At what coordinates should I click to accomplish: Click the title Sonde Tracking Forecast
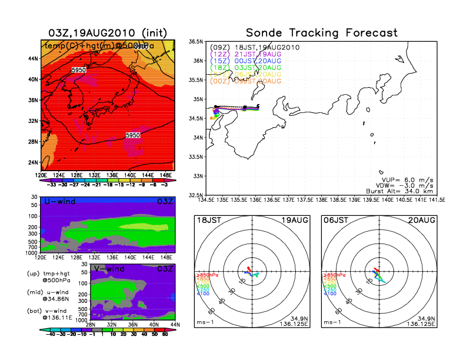pyautogui.click(x=321, y=33)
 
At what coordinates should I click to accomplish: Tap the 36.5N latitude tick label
pyautogui.click(x=195, y=42)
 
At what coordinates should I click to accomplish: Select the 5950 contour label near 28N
pyautogui.click(x=134, y=135)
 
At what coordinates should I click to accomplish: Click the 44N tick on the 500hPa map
pyautogui.click(x=33, y=58)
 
